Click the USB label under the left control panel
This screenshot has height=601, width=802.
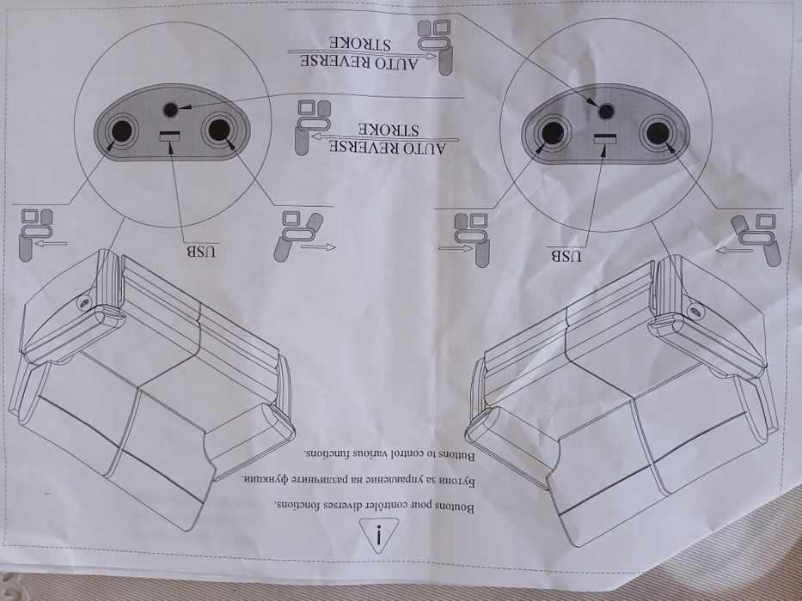coord(201,252)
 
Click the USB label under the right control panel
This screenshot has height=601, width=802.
coord(566,255)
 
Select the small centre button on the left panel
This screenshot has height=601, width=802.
coord(170,109)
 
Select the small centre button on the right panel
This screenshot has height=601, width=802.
coord(606,111)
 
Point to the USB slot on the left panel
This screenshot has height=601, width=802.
coord(170,136)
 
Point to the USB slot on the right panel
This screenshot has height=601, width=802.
coord(605,138)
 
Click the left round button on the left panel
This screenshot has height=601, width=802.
coord(122,131)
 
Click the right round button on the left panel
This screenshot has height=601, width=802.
coord(217,130)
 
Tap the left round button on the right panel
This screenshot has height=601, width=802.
coord(553,133)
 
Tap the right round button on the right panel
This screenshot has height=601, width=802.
coord(656,132)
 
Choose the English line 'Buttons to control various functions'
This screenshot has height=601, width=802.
coord(389,454)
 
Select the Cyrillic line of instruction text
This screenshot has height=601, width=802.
coord(359,480)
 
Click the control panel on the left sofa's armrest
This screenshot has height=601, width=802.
coord(84,302)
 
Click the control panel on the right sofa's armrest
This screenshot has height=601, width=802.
coord(695,310)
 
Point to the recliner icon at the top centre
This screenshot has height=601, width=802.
coord(436,46)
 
